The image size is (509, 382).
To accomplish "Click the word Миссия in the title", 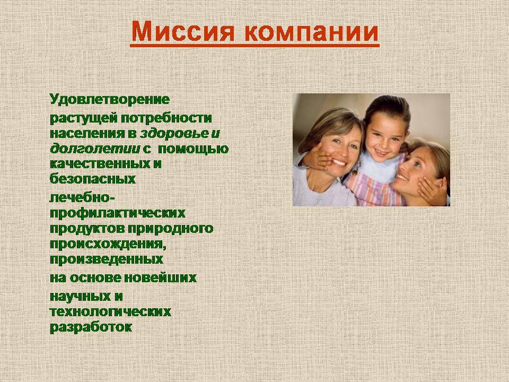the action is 183,31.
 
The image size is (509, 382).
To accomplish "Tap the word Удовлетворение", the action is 110,99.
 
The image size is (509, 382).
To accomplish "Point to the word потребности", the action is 166,118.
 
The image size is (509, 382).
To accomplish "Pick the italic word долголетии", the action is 95,149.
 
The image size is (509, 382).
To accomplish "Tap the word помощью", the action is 193,149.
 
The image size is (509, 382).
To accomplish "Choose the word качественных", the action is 98,163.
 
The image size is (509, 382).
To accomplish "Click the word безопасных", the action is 92,179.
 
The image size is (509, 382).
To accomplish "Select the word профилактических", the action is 118,213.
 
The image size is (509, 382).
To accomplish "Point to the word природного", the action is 170,229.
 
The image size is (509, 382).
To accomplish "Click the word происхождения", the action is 108,244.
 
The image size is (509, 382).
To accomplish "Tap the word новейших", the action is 160,277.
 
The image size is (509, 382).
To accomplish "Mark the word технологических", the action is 110,311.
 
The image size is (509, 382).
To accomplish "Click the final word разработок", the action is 91,327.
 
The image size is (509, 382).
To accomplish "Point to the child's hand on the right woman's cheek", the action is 432,192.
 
